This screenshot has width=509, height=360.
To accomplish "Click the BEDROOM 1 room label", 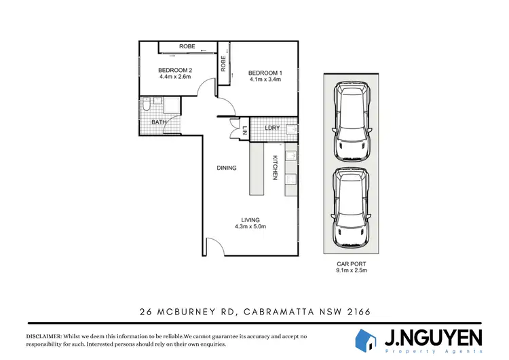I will pyautogui.click(x=265, y=72).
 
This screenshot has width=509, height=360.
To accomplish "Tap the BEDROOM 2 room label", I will pyautogui.click(x=175, y=69).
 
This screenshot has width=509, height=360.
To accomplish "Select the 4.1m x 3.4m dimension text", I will pyautogui.click(x=265, y=79).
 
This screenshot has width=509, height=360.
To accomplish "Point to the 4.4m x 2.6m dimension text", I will pyautogui.click(x=175, y=77).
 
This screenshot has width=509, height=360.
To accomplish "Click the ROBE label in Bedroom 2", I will pyautogui.click(x=187, y=46).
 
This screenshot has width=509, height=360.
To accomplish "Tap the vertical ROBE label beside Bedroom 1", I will pyautogui.click(x=223, y=63).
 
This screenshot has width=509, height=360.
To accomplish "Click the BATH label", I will pyautogui.click(x=159, y=122).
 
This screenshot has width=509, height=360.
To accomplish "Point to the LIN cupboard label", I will pyautogui.click(x=244, y=129).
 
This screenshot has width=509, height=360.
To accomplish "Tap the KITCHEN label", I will pyautogui.click(x=276, y=167).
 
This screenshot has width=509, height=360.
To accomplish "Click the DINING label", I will pyautogui.click(x=227, y=168).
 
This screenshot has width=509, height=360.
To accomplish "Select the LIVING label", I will pyautogui.click(x=251, y=219).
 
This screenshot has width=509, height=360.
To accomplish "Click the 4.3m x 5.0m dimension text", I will pyautogui.click(x=251, y=227).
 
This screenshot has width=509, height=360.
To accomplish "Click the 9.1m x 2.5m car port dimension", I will pyautogui.click(x=351, y=272).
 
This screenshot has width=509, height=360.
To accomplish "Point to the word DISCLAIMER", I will pyautogui.click(x=43, y=337).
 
